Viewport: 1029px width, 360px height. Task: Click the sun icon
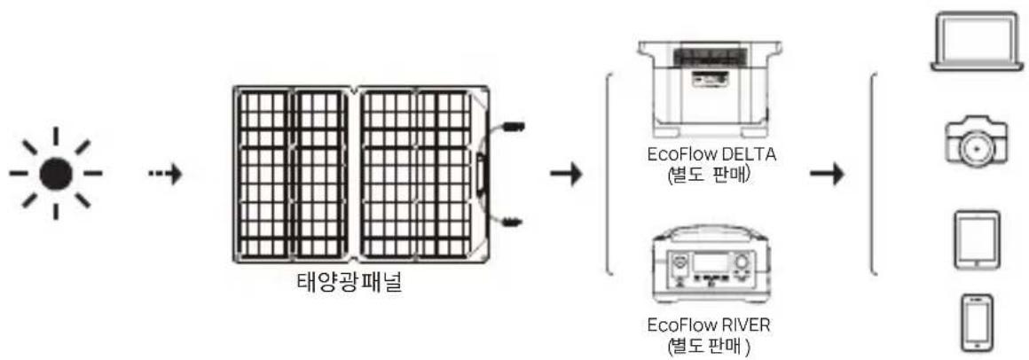click(x=56, y=173)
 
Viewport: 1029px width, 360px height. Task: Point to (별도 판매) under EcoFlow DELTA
click(x=713, y=174)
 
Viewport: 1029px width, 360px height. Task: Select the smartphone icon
click(x=977, y=324)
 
